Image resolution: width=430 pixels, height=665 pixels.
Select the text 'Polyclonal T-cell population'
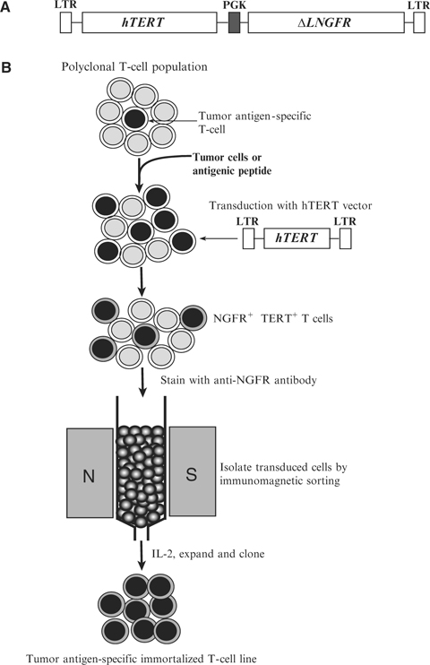point(135,67)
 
